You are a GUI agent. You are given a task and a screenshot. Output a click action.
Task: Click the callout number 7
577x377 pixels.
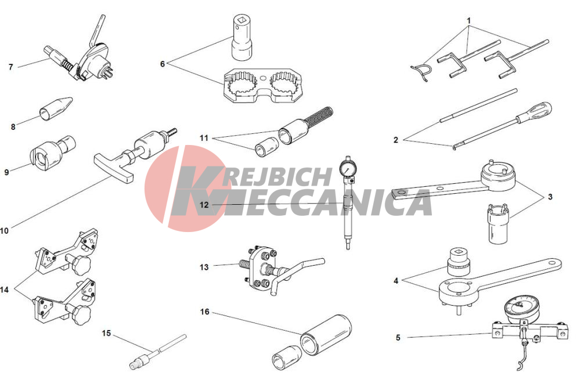point(10,67)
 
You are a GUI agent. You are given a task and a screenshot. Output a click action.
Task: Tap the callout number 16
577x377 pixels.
point(204,311)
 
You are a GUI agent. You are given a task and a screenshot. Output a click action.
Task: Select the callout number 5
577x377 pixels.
point(398,338)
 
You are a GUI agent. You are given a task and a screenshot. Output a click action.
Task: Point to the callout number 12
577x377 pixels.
point(204,205)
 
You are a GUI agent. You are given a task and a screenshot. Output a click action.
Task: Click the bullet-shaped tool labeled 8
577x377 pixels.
point(56,107)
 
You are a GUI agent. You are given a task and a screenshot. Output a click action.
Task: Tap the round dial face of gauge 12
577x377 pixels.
point(347,169)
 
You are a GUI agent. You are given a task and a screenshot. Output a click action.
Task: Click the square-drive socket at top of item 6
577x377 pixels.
point(241,37)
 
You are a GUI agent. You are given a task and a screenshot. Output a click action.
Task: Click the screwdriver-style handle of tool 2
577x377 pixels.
point(535,111)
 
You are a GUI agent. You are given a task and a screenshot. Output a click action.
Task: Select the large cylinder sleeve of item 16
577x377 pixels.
point(326,335)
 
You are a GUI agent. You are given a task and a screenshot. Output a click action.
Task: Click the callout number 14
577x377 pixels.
point(5,290)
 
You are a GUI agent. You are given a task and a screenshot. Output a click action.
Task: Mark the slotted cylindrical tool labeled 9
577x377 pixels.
point(53,153)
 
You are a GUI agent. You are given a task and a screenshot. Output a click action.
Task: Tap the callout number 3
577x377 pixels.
point(550,197)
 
